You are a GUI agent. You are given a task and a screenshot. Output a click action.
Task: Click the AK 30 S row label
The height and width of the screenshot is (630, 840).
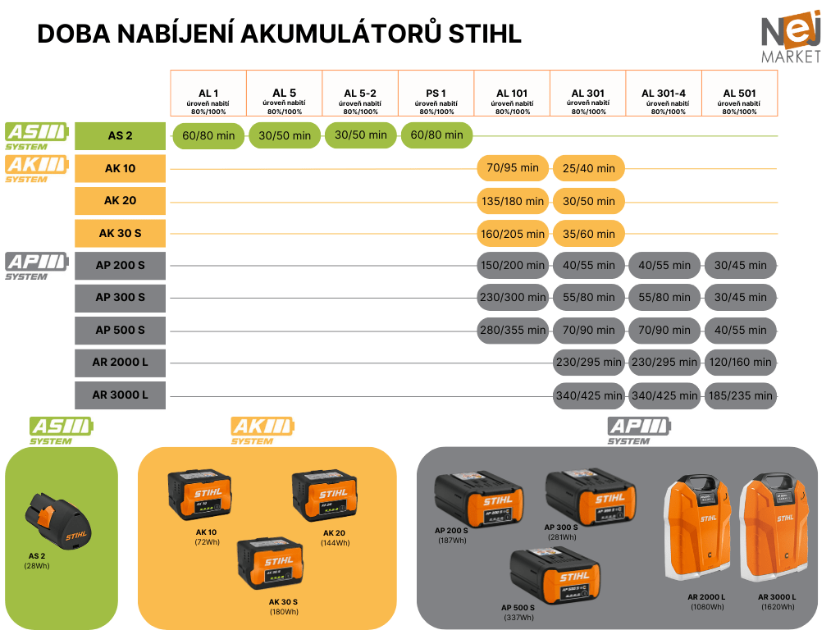pyautogui.click(x=120, y=233)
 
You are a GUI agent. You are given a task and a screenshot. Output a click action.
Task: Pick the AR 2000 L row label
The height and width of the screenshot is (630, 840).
pyautogui.click(x=120, y=363)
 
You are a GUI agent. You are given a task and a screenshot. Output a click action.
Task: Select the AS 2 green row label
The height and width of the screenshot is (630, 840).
pyautogui.click(x=120, y=135)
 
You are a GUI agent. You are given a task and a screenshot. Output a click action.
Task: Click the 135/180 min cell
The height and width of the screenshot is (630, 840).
pyautogui.click(x=512, y=201)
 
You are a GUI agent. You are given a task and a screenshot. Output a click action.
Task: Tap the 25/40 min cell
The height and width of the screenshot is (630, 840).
pyautogui.click(x=588, y=168)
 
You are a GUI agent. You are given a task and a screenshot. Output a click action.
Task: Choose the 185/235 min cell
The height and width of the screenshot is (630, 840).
pyautogui.click(x=740, y=395)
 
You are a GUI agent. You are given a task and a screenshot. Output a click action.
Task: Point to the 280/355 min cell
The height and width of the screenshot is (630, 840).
pyautogui.click(x=512, y=331)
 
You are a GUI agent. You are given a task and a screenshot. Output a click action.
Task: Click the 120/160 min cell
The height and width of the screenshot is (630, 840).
pyautogui.click(x=740, y=363)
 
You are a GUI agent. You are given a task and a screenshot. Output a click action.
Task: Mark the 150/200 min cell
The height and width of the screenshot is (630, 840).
pyautogui.click(x=512, y=266)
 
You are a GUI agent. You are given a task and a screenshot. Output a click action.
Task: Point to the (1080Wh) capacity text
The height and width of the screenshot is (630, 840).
pyautogui.click(x=705, y=607)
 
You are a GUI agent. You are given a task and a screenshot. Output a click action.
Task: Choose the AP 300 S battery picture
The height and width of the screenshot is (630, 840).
pyautogui.click(x=586, y=497)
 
